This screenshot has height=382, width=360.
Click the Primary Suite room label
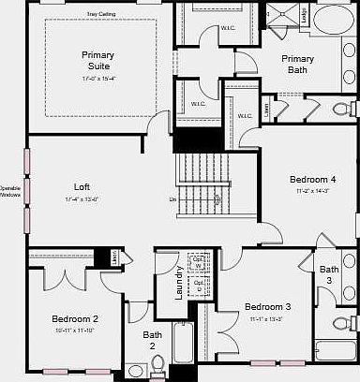tap(97, 60)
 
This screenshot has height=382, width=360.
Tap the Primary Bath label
tap(297, 64)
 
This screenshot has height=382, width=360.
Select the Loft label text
tap(82, 185)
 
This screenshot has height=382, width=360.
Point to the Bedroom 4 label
tap(312, 179)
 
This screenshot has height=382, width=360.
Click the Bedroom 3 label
tap(268, 307)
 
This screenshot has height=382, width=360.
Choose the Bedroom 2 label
tap(75, 319)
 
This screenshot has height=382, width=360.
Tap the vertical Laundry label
tap(179, 283)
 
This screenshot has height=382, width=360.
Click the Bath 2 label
tap(152, 340)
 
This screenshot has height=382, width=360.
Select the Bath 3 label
tap(329, 275)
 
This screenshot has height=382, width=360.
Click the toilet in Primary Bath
tap(342, 110)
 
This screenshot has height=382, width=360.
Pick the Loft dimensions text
tap(82, 198)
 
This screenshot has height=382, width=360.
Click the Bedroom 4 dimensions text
tap(312, 190)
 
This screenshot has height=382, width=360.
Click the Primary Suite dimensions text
tap(97, 78)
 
